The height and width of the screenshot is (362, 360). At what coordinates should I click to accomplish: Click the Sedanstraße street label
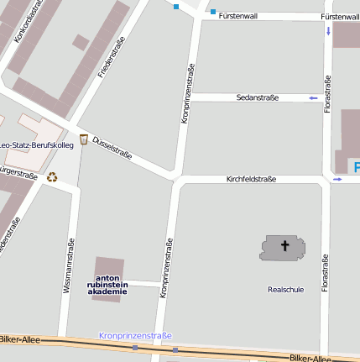257,98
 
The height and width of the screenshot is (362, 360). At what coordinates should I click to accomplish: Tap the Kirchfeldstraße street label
251,179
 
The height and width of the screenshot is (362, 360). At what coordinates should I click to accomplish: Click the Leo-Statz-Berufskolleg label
37,145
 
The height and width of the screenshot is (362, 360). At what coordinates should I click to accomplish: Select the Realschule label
284,289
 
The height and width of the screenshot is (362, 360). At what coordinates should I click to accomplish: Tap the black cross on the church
284,246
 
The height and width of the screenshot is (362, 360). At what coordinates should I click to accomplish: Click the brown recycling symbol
53,177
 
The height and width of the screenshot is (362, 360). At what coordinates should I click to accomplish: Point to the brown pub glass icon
83,139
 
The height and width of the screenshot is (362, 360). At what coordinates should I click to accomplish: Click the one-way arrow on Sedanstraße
313,98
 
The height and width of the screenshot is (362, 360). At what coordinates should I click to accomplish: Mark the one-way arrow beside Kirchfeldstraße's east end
337,179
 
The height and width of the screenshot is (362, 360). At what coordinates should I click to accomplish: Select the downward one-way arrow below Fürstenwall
327,32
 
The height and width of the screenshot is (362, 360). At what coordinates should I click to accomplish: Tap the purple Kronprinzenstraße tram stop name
135,335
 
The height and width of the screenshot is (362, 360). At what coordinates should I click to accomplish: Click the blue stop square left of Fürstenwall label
213,12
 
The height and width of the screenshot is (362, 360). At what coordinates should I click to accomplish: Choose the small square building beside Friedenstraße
81,42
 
